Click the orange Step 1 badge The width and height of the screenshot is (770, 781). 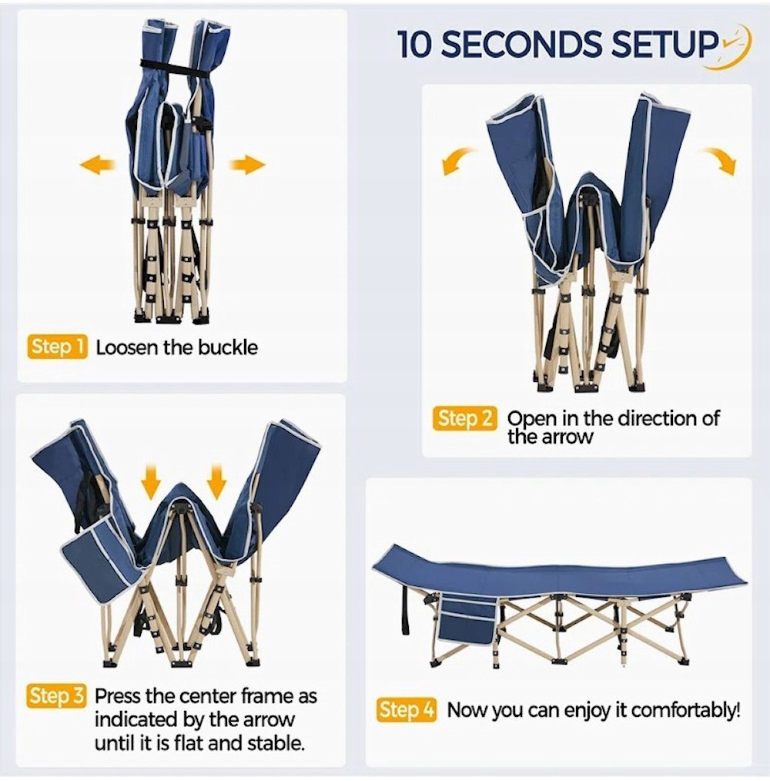click(57, 347)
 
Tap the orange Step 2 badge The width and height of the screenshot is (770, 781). click(464, 418)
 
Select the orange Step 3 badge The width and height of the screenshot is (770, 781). click(56, 696)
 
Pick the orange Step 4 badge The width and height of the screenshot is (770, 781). click(407, 710)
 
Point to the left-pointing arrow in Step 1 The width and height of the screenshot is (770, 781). click(98, 164)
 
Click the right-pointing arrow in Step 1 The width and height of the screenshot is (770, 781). click(247, 164)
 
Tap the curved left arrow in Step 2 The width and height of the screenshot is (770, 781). click(458, 160)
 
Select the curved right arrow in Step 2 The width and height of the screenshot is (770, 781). click(720, 160)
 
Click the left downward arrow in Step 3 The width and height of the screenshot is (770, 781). click(151, 481)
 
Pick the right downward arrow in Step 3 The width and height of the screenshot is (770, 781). click(216, 481)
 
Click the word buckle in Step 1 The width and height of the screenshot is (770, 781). click(228, 347)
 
